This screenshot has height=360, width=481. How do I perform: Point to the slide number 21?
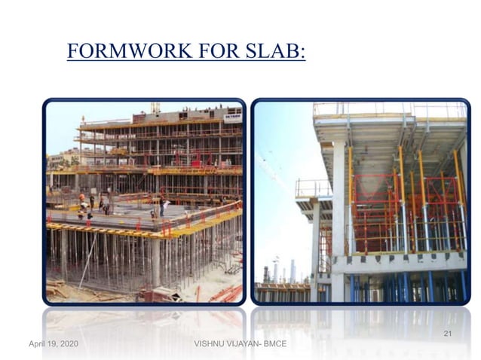(447, 333)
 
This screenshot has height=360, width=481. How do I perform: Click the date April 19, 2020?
(53, 344)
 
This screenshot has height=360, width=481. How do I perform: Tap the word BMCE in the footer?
(277, 344)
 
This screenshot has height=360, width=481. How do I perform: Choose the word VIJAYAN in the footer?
(244, 344)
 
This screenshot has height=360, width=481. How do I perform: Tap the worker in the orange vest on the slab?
(82, 201)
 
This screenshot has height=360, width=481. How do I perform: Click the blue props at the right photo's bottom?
(407, 286)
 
